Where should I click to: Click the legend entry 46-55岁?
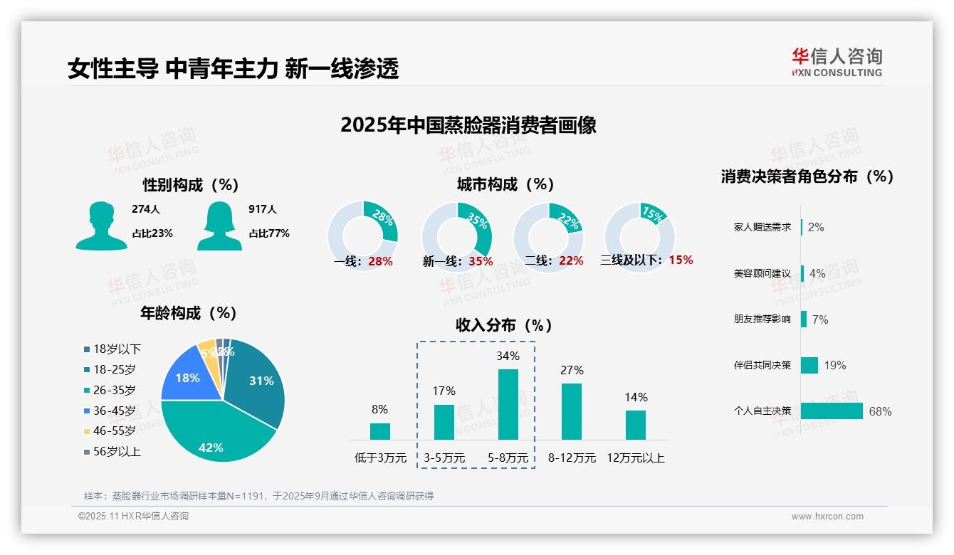pyautogui.click(x=114, y=430)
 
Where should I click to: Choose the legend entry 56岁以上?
pyautogui.click(x=117, y=451)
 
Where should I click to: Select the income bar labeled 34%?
pyautogui.click(x=508, y=404)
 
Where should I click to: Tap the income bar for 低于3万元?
pyautogui.click(x=380, y=431)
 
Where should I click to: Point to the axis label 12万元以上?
pyautogui.click(x=635, y=458)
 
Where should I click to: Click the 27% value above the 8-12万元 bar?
pyautogui.click(x=572, y=370)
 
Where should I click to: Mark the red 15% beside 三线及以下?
pyautogui.click(x=681, y=260)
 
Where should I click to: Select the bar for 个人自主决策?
pyautogui.click(x=832, y=411)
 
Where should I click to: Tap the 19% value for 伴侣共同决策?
pyautogui.click(x=835, y=365)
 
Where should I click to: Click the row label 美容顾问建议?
pyautogui.click(x=762, y=273)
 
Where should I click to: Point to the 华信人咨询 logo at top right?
pyautogui.click(x=837, y=62)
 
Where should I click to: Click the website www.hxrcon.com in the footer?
pyautogui.click(x=827, y=517)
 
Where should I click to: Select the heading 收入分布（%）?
pyautogui.click(x=504, y=325)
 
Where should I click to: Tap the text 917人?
pyautogui.click(x=263, y=209)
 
